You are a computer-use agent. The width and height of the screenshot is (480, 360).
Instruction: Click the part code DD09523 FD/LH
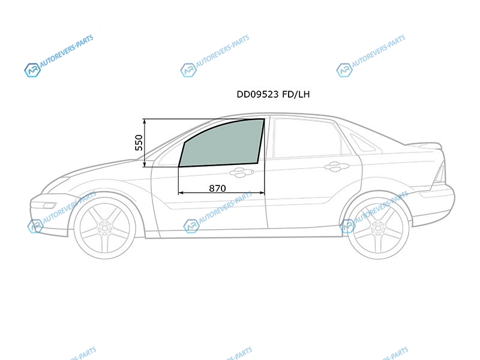pyautogui.click(x=273, y=94)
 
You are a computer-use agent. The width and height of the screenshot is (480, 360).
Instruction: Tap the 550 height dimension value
pyautogui.click(x=139, y=143)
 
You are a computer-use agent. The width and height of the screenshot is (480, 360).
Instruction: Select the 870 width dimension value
pyautogui.click(x=217, y=188)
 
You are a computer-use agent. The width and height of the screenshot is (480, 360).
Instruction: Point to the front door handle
pyautogui.click(x=241, y=172)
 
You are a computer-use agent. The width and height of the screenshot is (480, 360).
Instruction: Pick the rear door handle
pyautogui.click(x=337, y=167)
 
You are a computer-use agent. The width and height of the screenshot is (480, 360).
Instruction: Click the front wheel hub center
pyautogui.click(x=104, y=228)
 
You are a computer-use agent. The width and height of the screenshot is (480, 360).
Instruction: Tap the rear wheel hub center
pyautogui.click(x=379, y=229)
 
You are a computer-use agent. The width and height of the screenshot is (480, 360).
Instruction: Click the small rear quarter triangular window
pyautogui.click(x=364, y=143)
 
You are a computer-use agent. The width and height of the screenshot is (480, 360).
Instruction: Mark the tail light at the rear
pyautogui.click(x=440, y=172)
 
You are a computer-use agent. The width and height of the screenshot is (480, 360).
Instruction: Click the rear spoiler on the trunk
pyautogui.click(x=425, y=145)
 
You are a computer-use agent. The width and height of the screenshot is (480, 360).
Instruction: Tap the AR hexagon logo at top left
pyautogui.click(x=32, y=70)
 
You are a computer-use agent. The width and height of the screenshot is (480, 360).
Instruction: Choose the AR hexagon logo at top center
pyautogui.click(x=188, y=70)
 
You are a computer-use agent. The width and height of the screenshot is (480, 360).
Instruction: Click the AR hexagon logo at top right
pyautogui.click(x=344, y=70)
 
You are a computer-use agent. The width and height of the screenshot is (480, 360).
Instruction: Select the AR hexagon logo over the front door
pyautogui.click(x=191, y=226)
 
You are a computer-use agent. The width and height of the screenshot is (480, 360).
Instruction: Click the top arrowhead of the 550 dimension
pyautogui.click(x=145, y=121)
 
